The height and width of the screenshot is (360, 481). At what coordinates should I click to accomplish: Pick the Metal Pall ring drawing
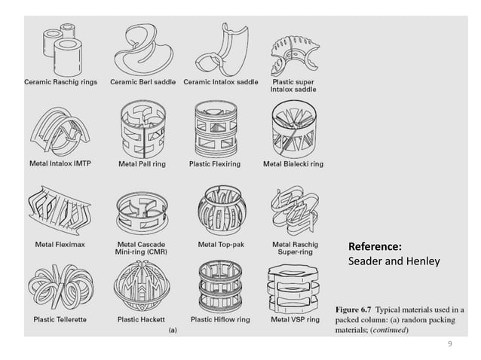click(143, 128)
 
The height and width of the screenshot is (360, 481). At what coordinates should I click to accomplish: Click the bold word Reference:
click(374, 247)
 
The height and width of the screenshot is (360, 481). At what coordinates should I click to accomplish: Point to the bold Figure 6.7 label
click(359, 310)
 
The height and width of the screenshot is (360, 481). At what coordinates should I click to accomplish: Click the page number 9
click(449, 344)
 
